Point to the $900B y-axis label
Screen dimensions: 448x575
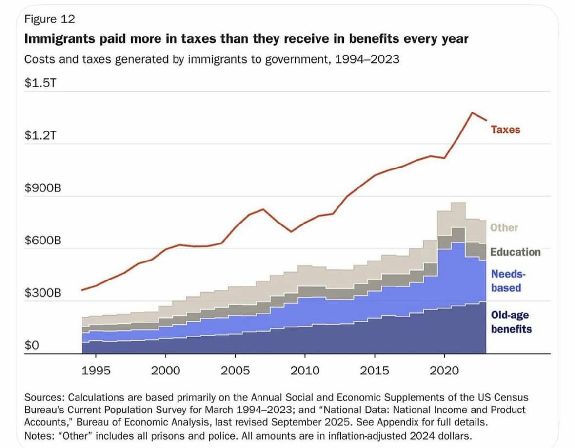pyautogui.click(x=43, y=188)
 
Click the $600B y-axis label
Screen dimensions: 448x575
pyautogui.click(x=43, y=241)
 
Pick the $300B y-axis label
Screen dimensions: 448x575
pyautogui.click(x=43, y=293)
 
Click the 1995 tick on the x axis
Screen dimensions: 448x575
pyautogui.click(x=96, y=371)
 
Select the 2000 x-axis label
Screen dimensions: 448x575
pyautogui.click(x=166, y=371)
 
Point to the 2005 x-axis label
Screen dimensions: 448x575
pyautogui.click(x=236, y=371)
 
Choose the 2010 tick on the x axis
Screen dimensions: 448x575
pyautogui.click(x=305, y=371)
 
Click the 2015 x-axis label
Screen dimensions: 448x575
pyautogui.click(x=375, y=371)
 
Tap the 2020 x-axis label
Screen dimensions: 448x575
pyautogui.click(x=444, y=371)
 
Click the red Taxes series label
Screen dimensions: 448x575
pyautogui.click(x=505, y=130)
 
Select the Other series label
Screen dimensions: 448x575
pyautogui.click(x=504, y=227)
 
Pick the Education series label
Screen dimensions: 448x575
pyautogui.click(x=515, y=252)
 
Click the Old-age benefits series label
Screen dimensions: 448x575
pyautogui.click(x=511, y=322)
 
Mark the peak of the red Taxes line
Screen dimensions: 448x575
pyautogui.click(x=472, y=113)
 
